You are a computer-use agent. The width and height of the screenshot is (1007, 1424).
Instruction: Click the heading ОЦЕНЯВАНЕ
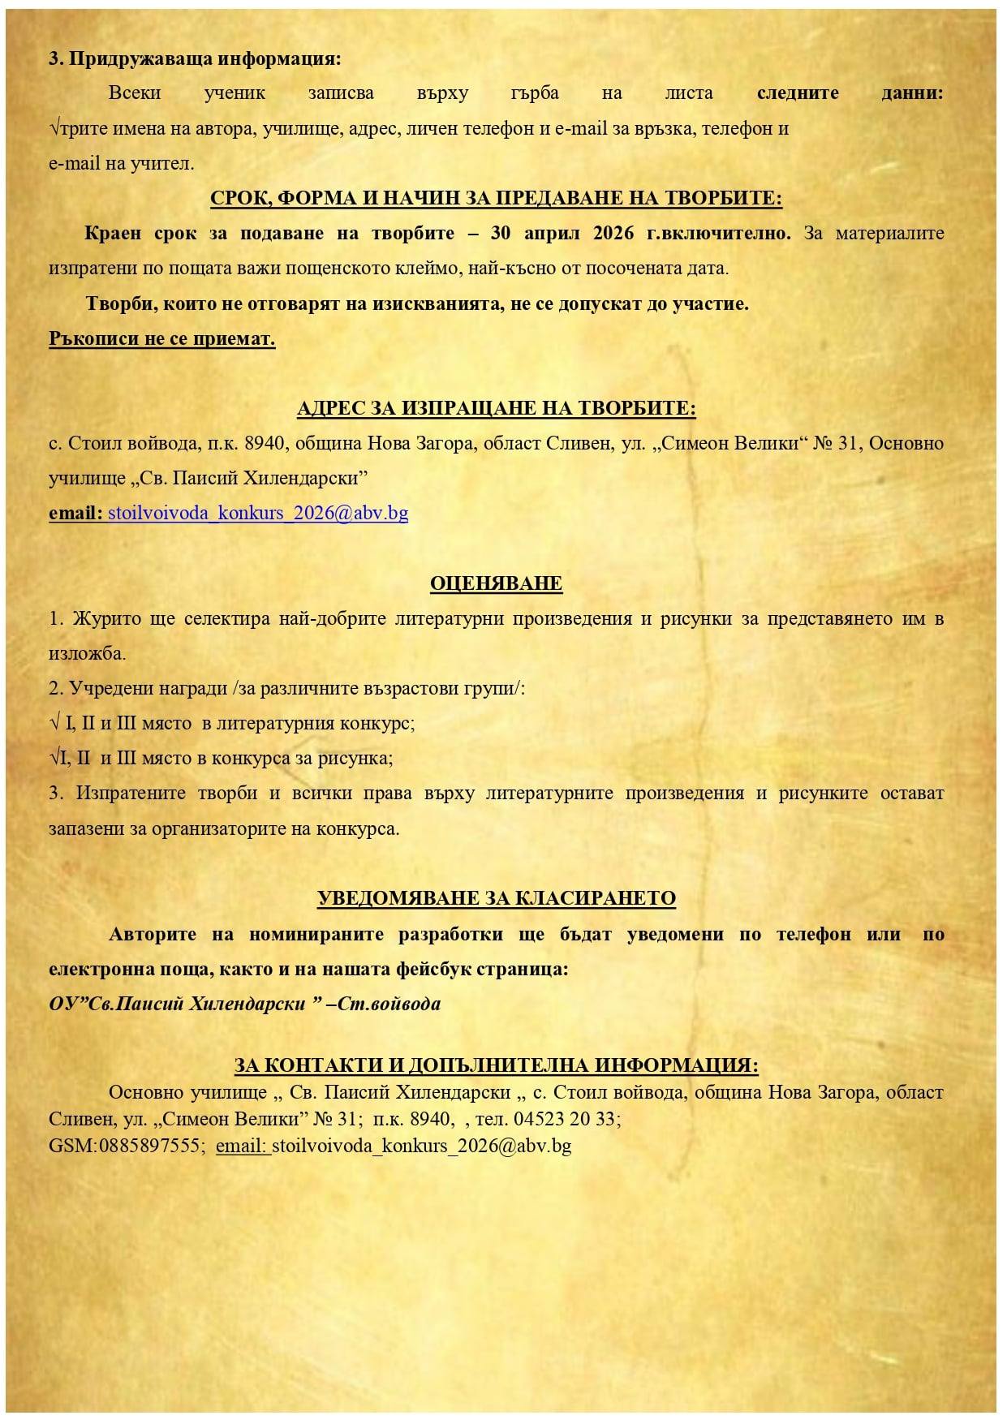coord(496,583)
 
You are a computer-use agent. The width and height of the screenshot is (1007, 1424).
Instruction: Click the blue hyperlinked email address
coord(258,513)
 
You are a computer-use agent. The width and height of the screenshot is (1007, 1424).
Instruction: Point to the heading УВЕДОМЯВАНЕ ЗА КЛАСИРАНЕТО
coord(496,898)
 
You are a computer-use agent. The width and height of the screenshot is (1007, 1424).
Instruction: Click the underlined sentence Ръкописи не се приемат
coord(162,338)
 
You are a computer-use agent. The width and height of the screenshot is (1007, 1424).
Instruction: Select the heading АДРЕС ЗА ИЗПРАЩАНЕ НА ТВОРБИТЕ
coord(496,408)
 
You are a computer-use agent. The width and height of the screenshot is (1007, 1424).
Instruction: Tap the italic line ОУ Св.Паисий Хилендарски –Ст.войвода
coord(244,1004)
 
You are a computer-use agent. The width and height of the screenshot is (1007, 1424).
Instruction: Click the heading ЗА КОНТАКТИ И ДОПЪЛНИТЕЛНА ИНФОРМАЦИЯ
coord(496,1065)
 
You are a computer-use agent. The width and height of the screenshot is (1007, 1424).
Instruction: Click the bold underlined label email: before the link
coord(76,513)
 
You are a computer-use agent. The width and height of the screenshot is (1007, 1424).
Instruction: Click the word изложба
coord(86,653)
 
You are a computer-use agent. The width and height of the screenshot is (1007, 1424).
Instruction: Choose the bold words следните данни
coord(850,93)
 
